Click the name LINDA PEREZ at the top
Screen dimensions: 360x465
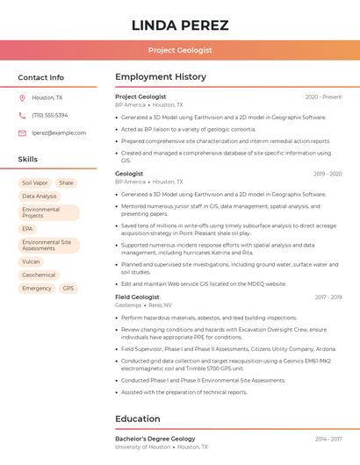[x=179, y=25]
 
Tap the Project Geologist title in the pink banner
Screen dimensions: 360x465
[x=179, y=50]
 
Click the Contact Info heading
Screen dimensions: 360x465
[x=41, y=77]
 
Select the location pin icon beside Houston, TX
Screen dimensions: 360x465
[x=22, y=98]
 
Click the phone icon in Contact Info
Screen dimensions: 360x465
[x=22, y=116]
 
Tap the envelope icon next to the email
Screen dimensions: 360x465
[x=22, y=133]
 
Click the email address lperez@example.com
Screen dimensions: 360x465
[x=59, y=133]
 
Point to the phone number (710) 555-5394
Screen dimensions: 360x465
[x=50, y=116]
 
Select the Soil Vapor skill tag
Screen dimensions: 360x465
[x=34, y=183]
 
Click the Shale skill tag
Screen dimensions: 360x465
[x=67, y=183]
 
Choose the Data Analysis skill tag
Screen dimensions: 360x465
[x=40, y=197]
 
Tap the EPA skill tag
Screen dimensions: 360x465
[x=27, y=229]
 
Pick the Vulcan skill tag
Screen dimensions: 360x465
[x=31, y=261]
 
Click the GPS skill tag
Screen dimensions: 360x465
[x=68, y=288]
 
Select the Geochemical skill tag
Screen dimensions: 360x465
[x=39, y=275]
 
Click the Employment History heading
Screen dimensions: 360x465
[x=161, y=77]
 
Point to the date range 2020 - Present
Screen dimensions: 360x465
[x=323, y=97]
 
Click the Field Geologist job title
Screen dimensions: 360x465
[x=137, y=297]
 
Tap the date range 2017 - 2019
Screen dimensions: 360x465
[x=328, y=297]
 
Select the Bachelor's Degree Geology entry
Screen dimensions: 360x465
[x=155, y=439]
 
